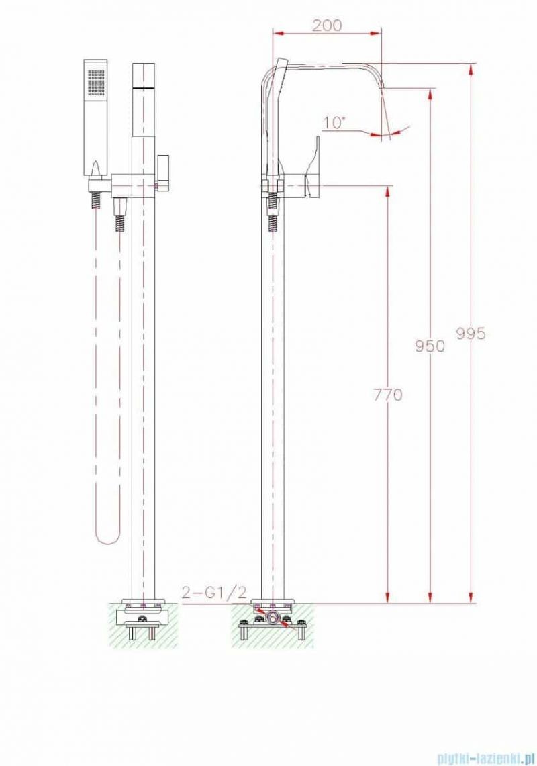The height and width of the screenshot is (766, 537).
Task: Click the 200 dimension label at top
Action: coord(327,26)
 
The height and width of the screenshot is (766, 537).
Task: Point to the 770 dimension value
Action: coord(388,395)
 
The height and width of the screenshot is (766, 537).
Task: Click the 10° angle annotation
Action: coord(334,122)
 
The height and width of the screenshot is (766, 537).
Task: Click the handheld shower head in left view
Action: coord(96,117)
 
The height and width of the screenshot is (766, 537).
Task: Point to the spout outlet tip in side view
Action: coord(382,89)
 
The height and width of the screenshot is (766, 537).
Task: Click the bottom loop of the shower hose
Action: coord(108,537)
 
